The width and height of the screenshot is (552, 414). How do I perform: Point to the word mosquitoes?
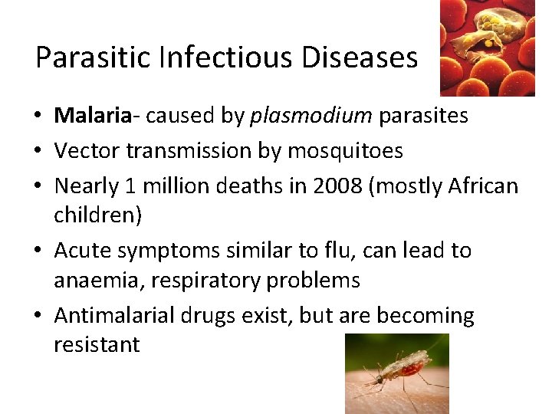pos(345,151)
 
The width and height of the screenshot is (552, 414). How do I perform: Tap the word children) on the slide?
pos(97,215)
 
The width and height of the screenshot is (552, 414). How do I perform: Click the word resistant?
pos(97,345)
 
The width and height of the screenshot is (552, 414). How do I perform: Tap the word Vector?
pos(87,151)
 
